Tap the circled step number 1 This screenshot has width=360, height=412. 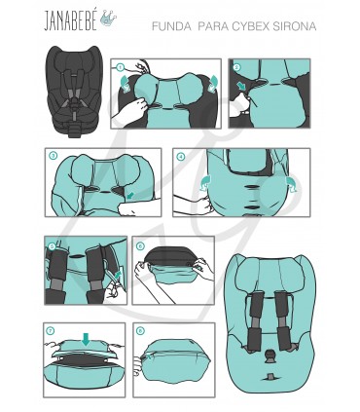click(120, 67)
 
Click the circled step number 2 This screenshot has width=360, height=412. click(236, 67)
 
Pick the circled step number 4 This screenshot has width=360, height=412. click(181, 156)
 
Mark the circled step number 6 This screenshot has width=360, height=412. click(140, 245)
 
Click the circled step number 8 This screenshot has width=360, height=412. click(140, 330)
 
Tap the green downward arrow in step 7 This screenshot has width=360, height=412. click(86, 339)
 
